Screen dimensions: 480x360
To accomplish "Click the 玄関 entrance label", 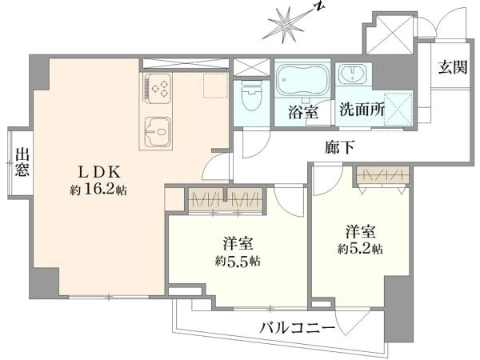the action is [453, 67].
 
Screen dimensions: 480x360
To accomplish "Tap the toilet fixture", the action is [252, 95].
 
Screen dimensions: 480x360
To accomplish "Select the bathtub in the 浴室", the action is [302, 79].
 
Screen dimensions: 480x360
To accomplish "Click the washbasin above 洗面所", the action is [353, 74].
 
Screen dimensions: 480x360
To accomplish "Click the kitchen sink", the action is [158, 132].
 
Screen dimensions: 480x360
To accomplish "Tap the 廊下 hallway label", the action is [340, 148].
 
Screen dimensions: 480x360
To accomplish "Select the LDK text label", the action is [100, 172].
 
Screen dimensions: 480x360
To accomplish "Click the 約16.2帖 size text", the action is [98, 190].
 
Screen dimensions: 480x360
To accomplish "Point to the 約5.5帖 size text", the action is [238, 261].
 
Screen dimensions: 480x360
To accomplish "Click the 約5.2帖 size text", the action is [360, 249].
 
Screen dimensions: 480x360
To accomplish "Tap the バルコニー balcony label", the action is [298, 329].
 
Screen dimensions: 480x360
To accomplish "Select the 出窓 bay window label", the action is [22, 162].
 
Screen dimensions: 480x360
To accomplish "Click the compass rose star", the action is [286, 25].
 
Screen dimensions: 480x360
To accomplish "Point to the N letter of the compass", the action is [319, 7].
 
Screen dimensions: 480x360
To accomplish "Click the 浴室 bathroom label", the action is [303, 112].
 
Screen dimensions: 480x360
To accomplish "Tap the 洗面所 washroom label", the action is [362, 110].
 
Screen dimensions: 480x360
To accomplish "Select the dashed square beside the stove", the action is [215, 86].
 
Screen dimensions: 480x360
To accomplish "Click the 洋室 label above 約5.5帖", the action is [238, 244].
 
